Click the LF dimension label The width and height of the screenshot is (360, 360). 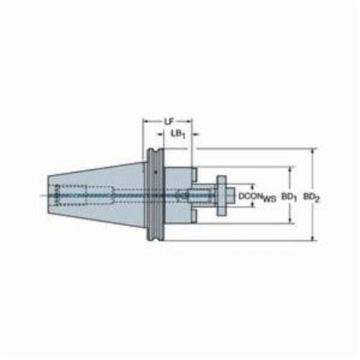pos(169,122)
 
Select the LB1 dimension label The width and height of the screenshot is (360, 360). pos(178,135)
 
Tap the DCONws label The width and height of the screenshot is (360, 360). pos(257,197)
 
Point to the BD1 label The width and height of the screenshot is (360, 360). pos(289,197)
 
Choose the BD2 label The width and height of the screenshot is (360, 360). pos(312,197)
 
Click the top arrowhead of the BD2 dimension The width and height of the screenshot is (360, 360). pos(312,152)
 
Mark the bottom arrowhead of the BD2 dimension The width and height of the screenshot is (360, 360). pos(312,237)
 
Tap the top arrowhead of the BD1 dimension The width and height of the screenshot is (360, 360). pos(290,170)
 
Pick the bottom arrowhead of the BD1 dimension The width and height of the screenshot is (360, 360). pos(290,220)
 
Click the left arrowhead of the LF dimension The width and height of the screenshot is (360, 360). pos(146,121)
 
